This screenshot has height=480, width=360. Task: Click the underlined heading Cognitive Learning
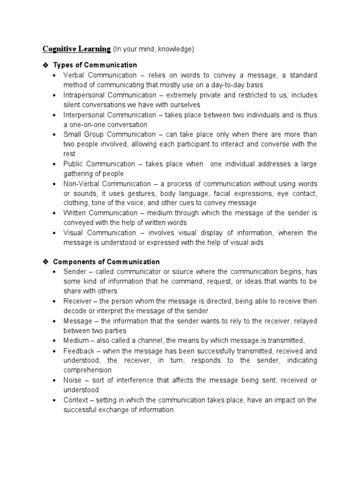coord(77,49)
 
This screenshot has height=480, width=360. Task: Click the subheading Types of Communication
coord(95,65)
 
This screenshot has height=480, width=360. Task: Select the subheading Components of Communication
coord(106,262)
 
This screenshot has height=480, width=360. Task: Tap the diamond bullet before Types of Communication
coord(46,65)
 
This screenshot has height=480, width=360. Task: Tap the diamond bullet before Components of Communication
coord(46,262)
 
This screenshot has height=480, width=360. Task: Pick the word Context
coord(75,400)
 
